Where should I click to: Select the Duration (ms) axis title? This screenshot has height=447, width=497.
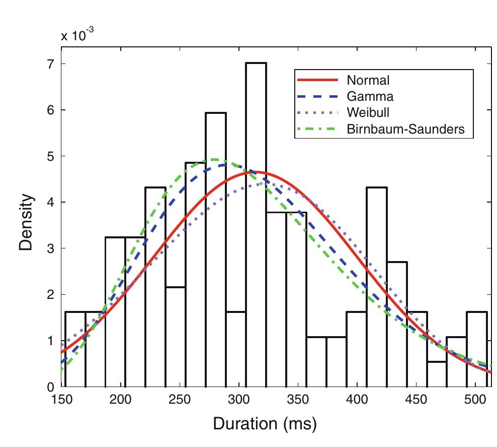(x=265, y=424)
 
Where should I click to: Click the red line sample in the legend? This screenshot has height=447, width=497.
(x=315, y=80)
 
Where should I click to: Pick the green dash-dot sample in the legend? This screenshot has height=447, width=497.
(x=315, y=129)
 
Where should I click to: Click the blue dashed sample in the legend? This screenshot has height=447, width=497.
(x=315, y=96)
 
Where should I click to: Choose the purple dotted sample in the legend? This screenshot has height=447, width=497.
(x=315, y=112)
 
